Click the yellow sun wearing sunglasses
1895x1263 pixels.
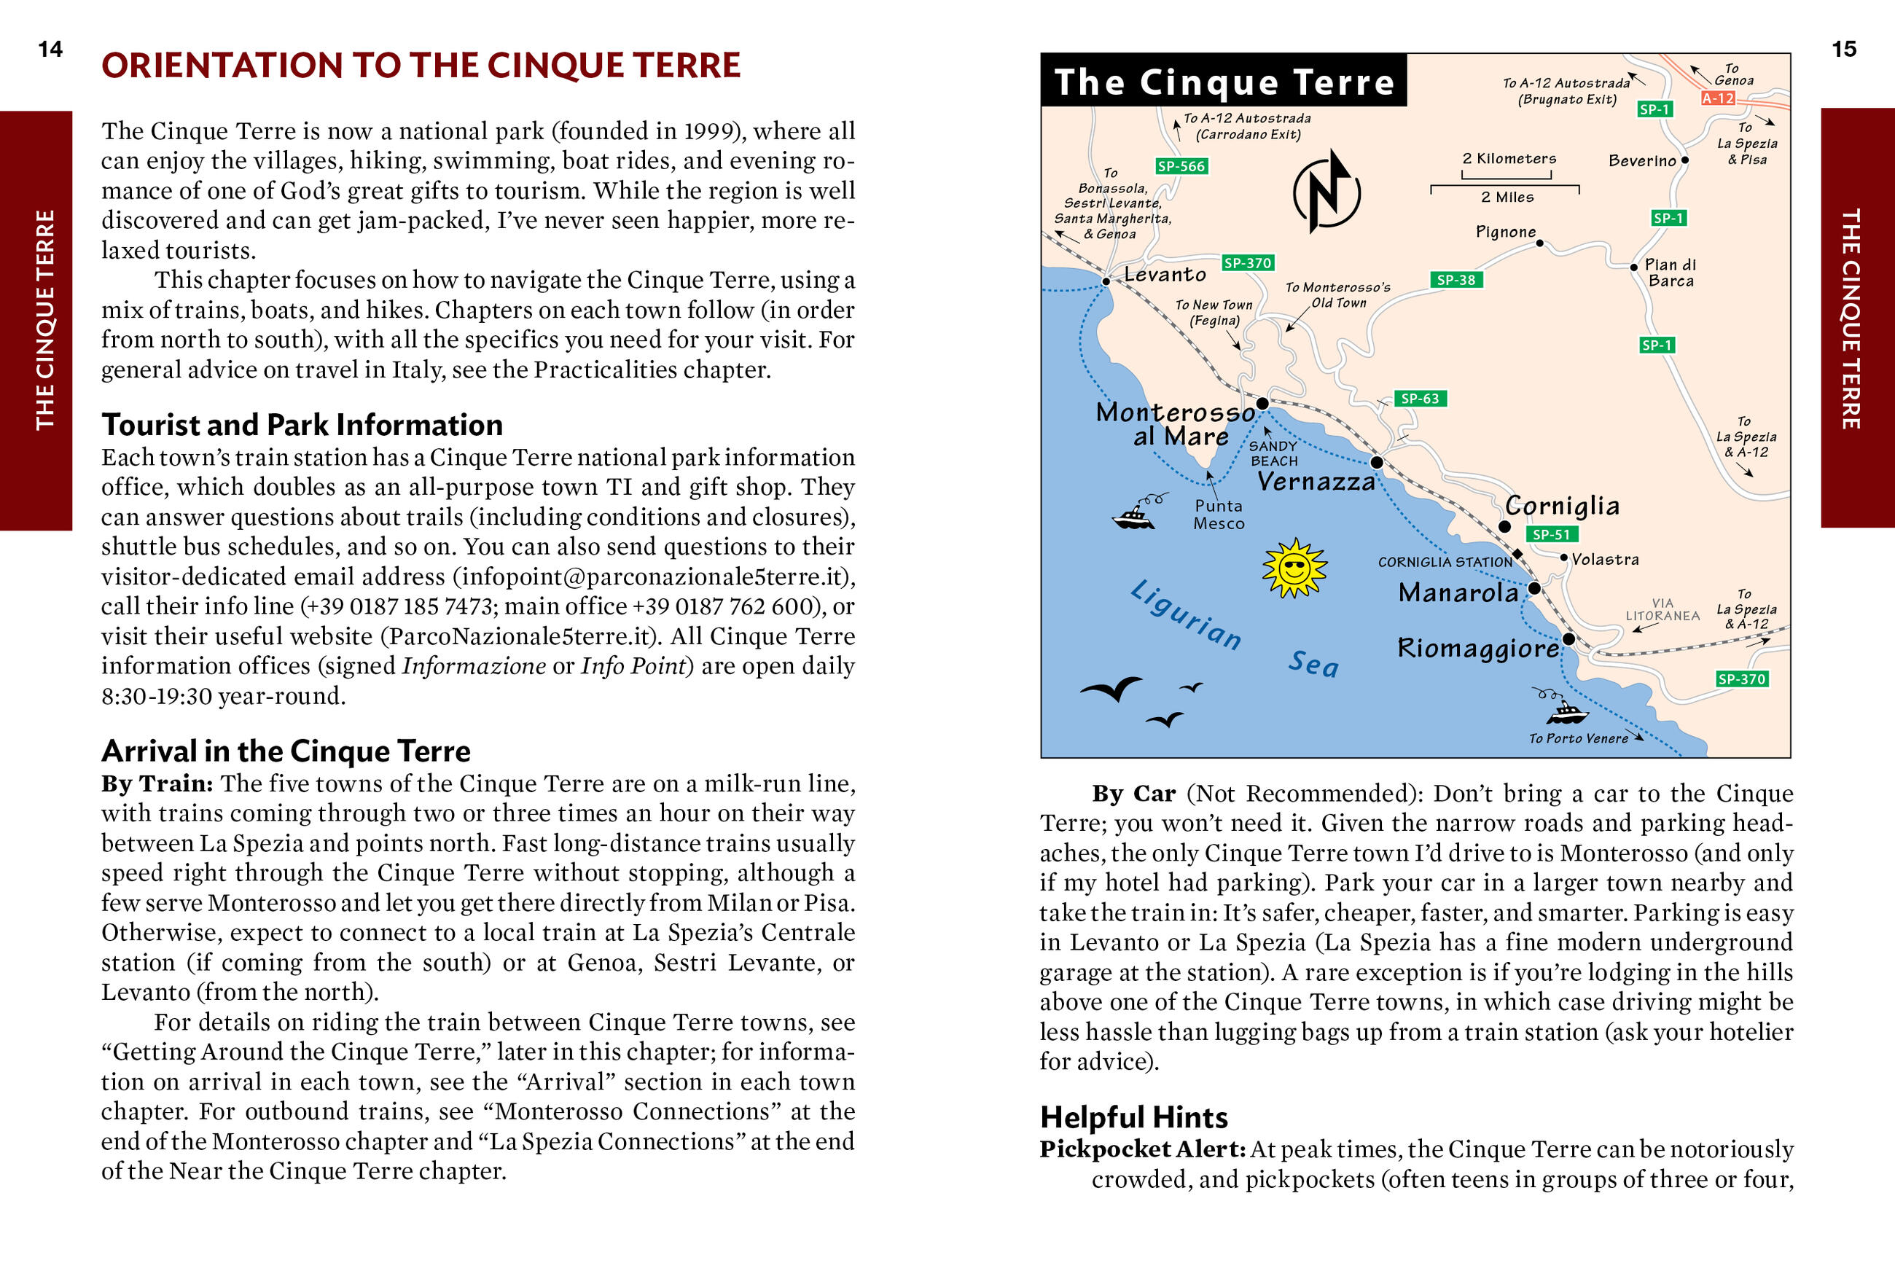click(x=1294, y=568)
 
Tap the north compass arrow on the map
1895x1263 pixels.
click(x=1326, y=192)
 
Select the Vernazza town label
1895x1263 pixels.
click(x=1316, y=482)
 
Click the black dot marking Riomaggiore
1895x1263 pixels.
click(x=1568, y=638)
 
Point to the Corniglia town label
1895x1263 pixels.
click(x=1562, y=506)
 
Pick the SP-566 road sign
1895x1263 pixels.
click(x=1181, y=167)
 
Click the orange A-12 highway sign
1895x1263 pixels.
click(x=1717, y=98)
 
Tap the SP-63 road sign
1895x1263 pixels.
click(x=1419, y=399)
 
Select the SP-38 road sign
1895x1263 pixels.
click(x=1456, y=280)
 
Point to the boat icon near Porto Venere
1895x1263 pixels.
click(x=1566, y=711)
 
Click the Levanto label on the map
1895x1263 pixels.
click(x=1165, y=275)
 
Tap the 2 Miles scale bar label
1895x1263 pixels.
click(x=1507, y=198)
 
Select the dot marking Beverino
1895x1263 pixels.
click(x=1684, y=160)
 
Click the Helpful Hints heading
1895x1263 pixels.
click(x=1133, y=1117)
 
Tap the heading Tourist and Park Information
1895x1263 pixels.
click(x=302, y=424)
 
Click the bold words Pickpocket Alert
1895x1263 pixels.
click(x=1142, y=1149)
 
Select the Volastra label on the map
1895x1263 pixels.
click(x=1604, y=560)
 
